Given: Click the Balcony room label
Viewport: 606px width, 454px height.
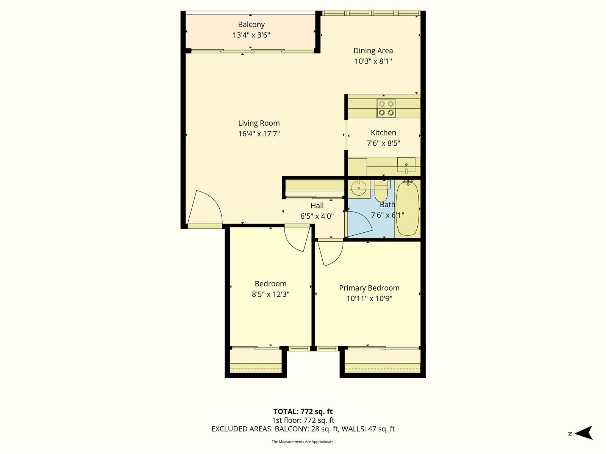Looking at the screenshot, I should [251, 25].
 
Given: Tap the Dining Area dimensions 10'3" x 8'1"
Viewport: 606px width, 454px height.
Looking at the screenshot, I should [373, 61].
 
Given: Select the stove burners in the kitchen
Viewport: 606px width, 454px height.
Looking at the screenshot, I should [386, 108].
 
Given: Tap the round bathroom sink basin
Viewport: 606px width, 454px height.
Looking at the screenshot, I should [358, 187].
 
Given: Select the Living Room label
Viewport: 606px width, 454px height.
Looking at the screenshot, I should [259, 123].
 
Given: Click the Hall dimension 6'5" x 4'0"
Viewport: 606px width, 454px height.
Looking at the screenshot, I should [317, 216].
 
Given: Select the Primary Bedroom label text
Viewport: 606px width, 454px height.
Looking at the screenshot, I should [369, 288].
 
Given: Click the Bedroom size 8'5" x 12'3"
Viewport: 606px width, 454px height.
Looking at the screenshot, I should [270, 294].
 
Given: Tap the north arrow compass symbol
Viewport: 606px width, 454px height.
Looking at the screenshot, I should [584, 433].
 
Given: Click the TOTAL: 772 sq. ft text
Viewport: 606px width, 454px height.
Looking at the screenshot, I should [303, 412].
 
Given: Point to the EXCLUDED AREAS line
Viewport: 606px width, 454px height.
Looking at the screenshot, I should [303, 429].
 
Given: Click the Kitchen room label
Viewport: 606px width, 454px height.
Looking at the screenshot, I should [383, 133].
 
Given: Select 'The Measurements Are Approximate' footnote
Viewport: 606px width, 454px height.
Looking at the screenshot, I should [303, 442].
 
